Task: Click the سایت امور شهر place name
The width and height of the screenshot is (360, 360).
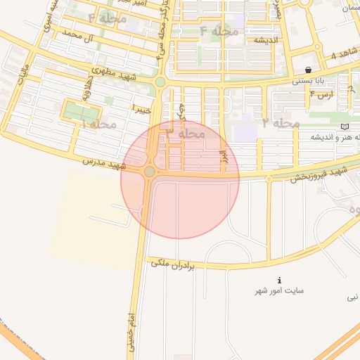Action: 281,290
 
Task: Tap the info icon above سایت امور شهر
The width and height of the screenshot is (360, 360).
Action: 281,280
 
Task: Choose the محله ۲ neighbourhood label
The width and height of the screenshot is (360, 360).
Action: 281,123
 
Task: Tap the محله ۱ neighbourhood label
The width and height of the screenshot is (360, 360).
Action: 98,124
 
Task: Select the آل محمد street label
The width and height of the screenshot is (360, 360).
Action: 77,34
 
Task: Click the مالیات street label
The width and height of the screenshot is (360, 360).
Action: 22,76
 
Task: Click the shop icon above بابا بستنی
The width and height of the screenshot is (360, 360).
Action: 309,70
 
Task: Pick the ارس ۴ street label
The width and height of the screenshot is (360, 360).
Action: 322,94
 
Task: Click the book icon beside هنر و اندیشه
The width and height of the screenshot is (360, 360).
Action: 344,126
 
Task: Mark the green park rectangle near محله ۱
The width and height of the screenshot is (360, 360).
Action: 79,111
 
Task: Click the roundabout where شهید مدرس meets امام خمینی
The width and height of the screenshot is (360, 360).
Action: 149,172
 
